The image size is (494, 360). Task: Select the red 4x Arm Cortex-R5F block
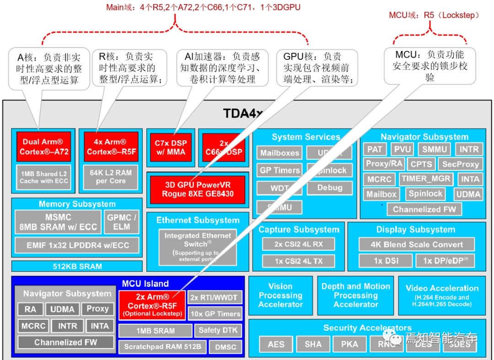click(x=110, y=146)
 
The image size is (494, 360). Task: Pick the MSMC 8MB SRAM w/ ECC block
click(x=58, y=222)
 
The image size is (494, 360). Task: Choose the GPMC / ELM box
click(x=122, y=222)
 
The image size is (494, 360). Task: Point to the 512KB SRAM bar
click(x=77, y=266)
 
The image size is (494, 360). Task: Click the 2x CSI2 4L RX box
click(x=298, y=244)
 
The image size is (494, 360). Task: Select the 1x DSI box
click(x=385, y=261)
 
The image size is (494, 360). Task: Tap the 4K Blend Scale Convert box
click(x=416, y=244)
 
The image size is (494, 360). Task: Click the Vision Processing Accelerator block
click(x=280, y=296)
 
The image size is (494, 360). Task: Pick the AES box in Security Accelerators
click(x=276, y=344)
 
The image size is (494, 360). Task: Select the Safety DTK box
click(x=218, y=330)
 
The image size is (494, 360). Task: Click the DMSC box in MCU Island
click(x=226, y=347)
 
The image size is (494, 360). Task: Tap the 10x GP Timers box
click(x=215, y=314)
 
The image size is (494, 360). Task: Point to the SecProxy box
click(x=461, y=164)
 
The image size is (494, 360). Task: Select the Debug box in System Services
click(x=329, y=188)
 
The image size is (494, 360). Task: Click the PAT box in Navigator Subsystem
click(x=375, y=149)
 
